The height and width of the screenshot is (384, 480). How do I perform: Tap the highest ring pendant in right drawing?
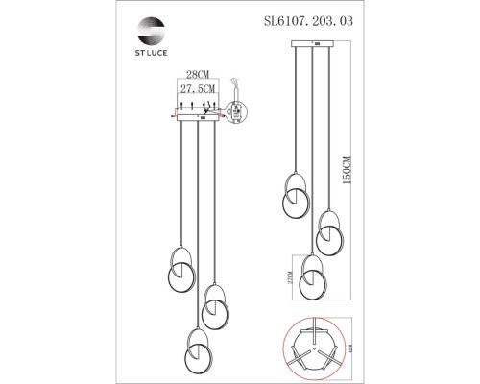(294, 196)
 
